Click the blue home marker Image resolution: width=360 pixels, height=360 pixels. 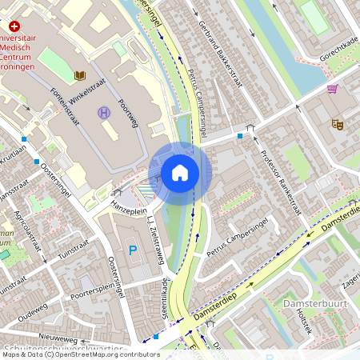(x=180, y=171)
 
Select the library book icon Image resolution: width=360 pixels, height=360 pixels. (x=80, y=75)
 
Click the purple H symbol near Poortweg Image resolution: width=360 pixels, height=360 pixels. (x=103, y=113)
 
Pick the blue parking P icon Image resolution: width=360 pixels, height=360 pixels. (x=133, y=250)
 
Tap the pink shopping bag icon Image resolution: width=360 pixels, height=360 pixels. (x=332, y=88)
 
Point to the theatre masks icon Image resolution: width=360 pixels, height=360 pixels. (x=338, y=124)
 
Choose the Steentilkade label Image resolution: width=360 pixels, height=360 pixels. (x=166, y=298)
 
